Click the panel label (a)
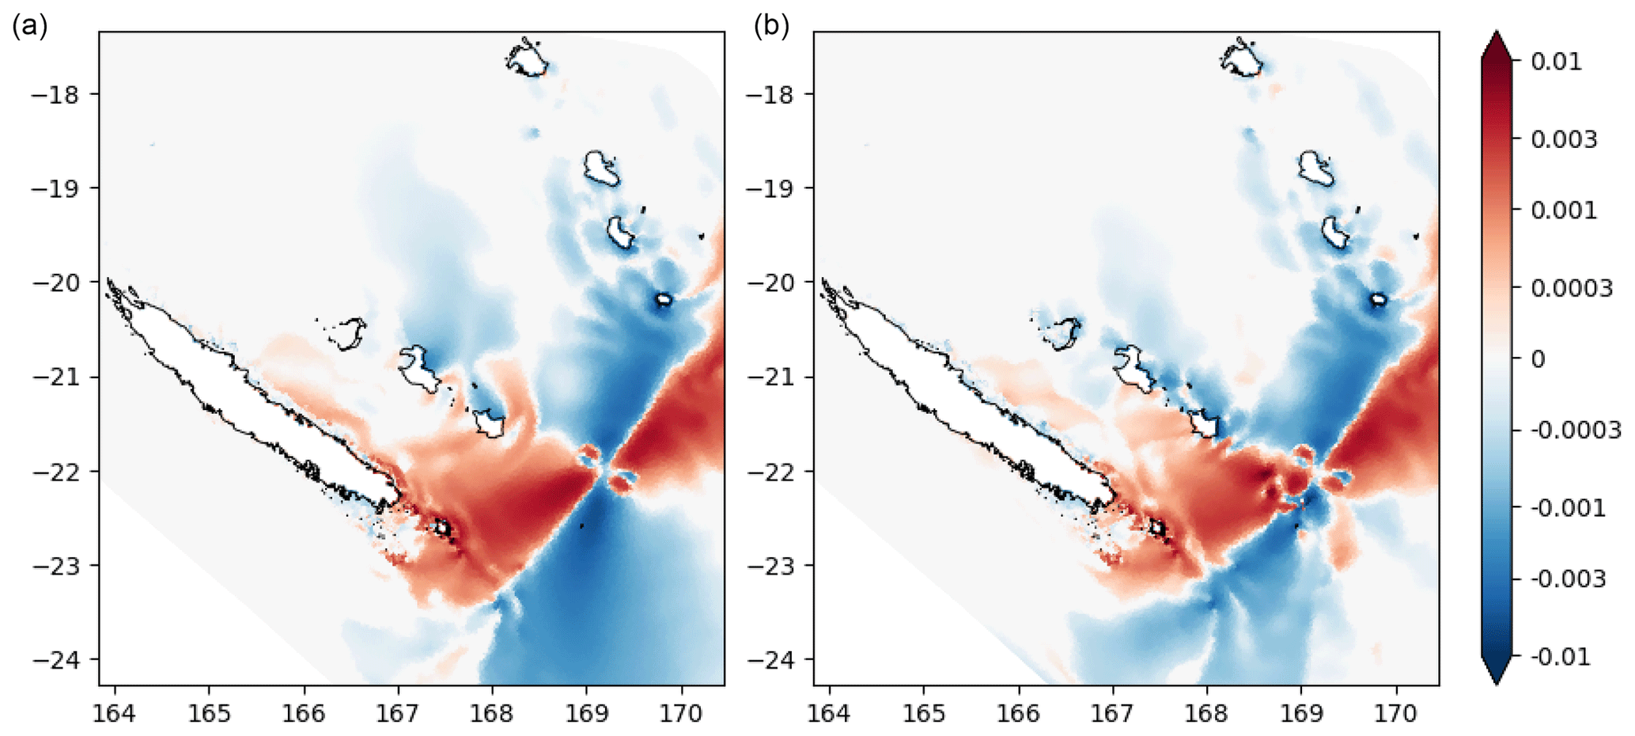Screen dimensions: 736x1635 click(30, 26)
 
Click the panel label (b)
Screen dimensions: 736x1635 click(771, 26)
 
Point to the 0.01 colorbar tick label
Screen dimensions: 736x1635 click(1556, 62)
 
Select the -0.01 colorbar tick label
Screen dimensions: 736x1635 click(1559, 657)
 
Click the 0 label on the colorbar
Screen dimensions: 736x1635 click(1538, 359)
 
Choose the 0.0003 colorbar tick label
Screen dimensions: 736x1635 click(1571, 288)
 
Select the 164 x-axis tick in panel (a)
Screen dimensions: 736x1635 click(115, 714)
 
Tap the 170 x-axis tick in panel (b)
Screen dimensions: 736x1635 click(1396, 714)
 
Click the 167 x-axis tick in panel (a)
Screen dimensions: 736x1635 click(397, 714)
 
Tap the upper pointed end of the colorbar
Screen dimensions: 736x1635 click(1497, 41)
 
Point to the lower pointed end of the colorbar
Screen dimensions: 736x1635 click(1497, 674)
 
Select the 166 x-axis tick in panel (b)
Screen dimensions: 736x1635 click(1018, 714)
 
